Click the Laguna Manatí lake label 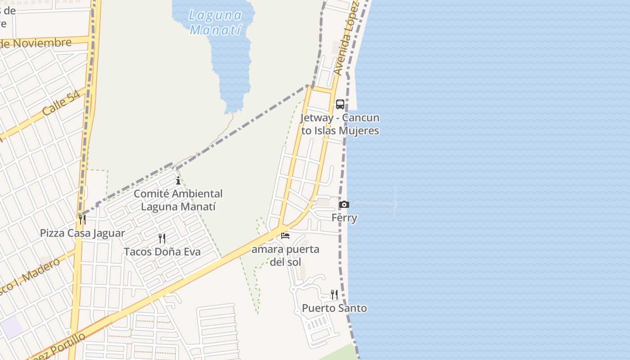pos(215,22)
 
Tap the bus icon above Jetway pos(340,104)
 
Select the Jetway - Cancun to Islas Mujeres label pos(340,124)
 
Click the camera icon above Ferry pos(344,205)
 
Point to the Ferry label pos(344,218)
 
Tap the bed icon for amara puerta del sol pos(285,235)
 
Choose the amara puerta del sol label pos(285,255)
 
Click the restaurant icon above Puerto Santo pos(334,295)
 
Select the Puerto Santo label pos(334,308)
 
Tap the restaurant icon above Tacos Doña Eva pos(162,238)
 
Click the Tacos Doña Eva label pos(162,252)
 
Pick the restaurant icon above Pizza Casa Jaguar pos(82,220)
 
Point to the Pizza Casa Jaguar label pos(82,233)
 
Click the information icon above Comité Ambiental pos(178,181)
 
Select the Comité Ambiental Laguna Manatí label pos(178,200)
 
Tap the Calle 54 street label pos(62,103)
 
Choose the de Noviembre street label pos(36,43)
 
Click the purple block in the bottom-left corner pos(11,327)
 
